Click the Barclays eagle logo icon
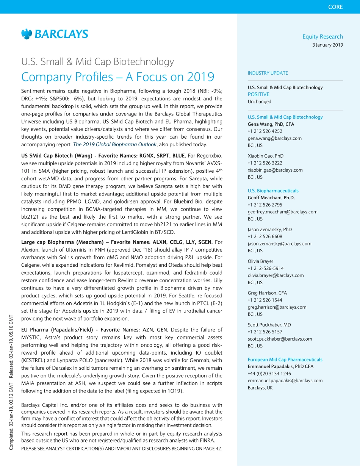pyautogui.click(x=27, y=34)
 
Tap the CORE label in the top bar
pyautogui.click(x=335, y=7)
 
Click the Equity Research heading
pyautogui.click(x=322, y=36)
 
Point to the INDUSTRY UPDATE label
pyautogui.click(x=268, y=73)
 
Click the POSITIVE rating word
pyautogui.click(x=258, y=94)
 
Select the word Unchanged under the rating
pyautogui.click(x=260, y=102)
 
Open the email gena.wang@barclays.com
pyautogui.click(x=275, y=138)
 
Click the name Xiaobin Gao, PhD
pyautogui.click(x=266, y=156)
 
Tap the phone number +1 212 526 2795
pyautogui.click(x=265, y=205)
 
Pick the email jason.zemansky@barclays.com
pyautogui.click(x=279, y=244)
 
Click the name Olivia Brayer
pyautogui.click(x=260, y=261)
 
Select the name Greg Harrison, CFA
pyautogui.click(x=267, y=293)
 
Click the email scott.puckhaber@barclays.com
pyautogui.click(x=280, y=339)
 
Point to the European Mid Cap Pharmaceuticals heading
pyautogui.click(x=285, y=360)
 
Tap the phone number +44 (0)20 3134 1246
pyautogui.click(x=269, y=374)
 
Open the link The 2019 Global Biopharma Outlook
pyautogui.click(x=114, y=144)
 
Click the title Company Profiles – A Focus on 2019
pyautogui.click(x=117, y=77)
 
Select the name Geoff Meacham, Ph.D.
pyautogui.click(x=271, y=198)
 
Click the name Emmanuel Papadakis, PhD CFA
pyautogui.click(x=280, y=366)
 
